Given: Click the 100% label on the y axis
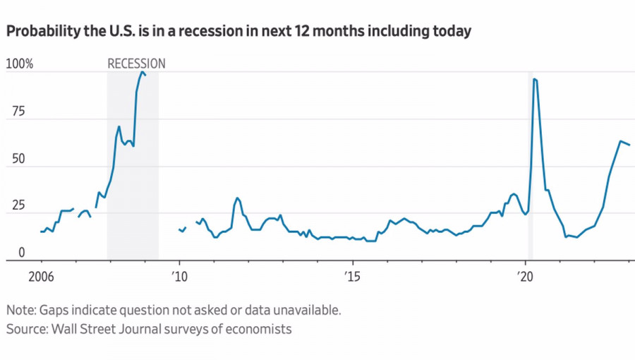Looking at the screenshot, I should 19,64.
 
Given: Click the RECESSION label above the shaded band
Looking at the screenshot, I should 136,64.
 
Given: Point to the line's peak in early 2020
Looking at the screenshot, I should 534,78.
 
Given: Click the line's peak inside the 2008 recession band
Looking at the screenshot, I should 142,71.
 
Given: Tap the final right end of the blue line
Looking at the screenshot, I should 629,145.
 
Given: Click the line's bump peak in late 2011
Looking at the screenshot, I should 238,198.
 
